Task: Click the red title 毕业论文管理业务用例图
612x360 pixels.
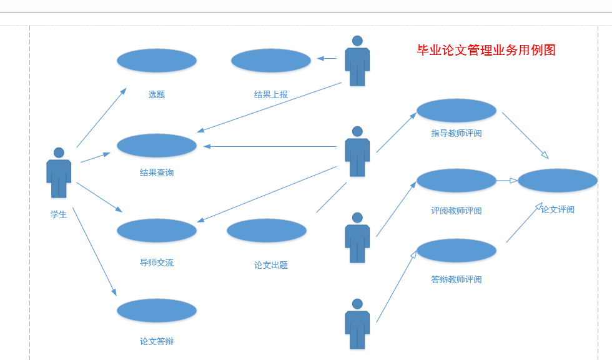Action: pos(486,51)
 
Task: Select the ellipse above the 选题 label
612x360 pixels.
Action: pos(157,61)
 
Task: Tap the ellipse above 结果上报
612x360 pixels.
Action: pos(271,61)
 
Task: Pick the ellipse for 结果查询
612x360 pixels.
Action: pos(157,146)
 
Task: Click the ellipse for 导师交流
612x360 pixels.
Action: pos(157,231)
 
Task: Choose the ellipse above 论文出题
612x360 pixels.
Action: pos(267,231)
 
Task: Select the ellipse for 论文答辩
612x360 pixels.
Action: pos(157,311)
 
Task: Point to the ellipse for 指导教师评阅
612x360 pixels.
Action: pos(457,111)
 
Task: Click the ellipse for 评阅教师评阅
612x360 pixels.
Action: pos(457,181)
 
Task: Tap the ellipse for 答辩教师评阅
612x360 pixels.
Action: pos(457,251)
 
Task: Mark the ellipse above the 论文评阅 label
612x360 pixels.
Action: pos(558,181)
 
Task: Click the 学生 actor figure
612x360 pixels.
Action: pos(59,173)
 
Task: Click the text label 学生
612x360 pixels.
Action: pos(59,214)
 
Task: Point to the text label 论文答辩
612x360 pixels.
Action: pos(157,341)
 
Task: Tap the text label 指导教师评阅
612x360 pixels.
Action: pos(457,133)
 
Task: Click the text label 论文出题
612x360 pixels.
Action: pos(271,265)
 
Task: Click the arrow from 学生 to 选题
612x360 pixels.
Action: pos(101,117)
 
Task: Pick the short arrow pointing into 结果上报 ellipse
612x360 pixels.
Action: pos(327,59)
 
